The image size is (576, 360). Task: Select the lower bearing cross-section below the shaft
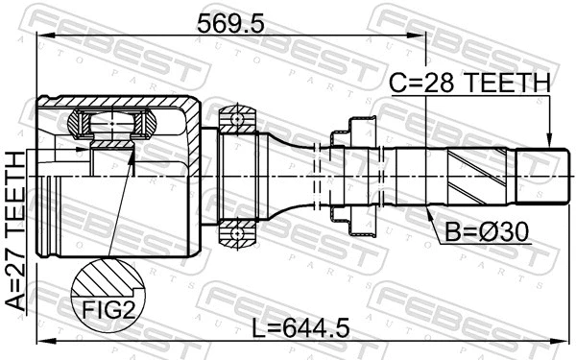click(234, 230)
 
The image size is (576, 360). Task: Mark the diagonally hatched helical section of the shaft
click(480, 176)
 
